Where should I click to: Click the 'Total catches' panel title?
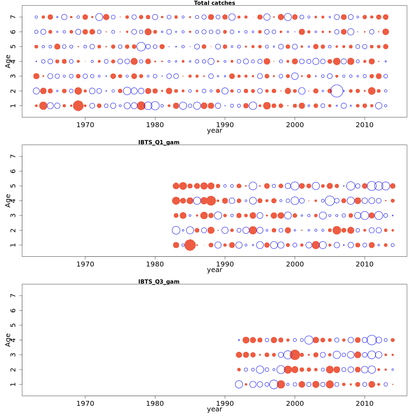pyautogui.click(x=214, y=3)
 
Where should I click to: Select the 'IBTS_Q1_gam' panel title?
pyautogui.click(x=158, y=142)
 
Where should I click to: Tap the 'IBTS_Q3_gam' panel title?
pyautogui.click(x=158, y=281)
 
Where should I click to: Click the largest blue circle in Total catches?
pyautogui.click(x=336, y=91)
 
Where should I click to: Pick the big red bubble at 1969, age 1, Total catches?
pyautogui.click(x=78, y=106)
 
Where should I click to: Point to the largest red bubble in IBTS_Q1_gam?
pyautogui.click(x=190, y=245)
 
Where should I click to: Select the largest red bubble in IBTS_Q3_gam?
pyautogui.click(x=295, y=355)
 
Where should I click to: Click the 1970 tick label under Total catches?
pyautogui.click(x=85, y=125)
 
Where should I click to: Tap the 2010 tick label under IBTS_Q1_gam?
pyautogui.click(x=365, y=264)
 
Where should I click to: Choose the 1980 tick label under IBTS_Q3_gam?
pyautogui.click(x=155, y=403)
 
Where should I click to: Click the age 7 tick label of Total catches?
pyautogui.click(x=13, y=17)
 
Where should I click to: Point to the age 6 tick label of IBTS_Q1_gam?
pyautogui.click(x=13, y=171)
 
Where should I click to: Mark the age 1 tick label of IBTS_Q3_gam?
pyautogui.click(x=13, y=384)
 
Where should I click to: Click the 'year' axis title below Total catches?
pyautogui.click(x=214, y=131)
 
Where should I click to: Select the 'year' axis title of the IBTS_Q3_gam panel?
pyautogui.click(x=214, y=409)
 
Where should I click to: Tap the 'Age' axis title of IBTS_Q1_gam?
pyautogui.click(x=8, y=201)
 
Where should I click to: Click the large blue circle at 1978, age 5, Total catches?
pyautogui.click(x=141, y=46)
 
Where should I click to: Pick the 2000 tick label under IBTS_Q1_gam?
pyautogui.click(x=295, y=264)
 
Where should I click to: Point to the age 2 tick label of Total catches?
pyautogui.click(x=13, y=91)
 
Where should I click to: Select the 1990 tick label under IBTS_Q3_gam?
pyautogui.click(x=225, y=403)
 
